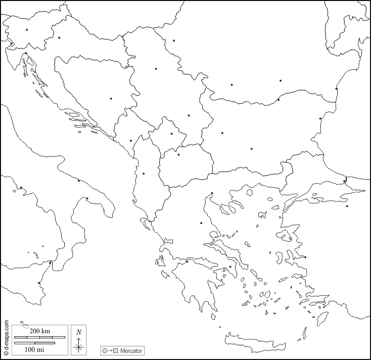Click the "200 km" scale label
39,331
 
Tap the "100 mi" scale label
34,349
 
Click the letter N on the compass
78,332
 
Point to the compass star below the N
78,346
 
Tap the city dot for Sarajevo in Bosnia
111,98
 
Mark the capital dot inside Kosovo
172,134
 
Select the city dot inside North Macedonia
178,155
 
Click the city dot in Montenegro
131,141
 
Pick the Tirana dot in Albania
144,174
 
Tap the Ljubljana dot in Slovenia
27,30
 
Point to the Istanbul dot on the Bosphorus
345,181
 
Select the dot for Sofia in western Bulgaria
222,133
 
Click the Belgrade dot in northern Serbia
156,69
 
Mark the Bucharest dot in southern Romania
281,80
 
